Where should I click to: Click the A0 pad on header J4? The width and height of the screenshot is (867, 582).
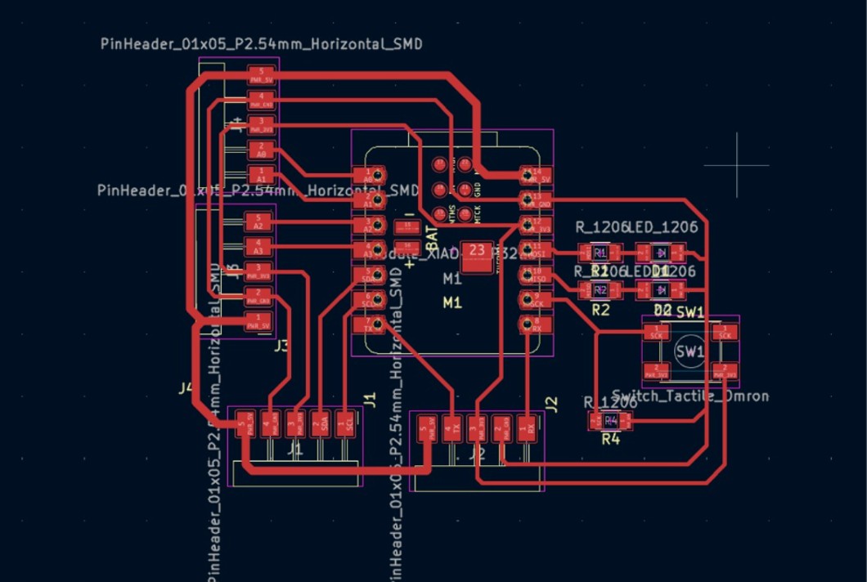point(261,149)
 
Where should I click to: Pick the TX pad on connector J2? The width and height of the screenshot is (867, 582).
point(447,426)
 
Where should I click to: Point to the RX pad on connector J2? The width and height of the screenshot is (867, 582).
point(530,426)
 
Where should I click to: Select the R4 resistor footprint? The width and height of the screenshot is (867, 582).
point(610,422)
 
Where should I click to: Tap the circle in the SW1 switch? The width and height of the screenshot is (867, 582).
point(690,351)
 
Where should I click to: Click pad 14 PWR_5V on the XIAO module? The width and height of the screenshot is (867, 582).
point(536,175)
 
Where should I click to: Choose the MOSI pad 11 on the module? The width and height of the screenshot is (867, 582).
point(536,250)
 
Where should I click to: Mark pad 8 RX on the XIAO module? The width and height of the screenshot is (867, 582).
point(536,325)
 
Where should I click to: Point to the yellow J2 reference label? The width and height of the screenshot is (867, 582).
point(551,402)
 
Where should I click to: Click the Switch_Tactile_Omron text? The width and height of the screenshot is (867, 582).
point(690,396)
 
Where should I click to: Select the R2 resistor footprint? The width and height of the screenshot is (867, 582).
point(600,290)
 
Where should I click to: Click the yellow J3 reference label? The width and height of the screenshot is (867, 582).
point(281,346)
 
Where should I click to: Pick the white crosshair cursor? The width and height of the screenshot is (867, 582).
point(737,164)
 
